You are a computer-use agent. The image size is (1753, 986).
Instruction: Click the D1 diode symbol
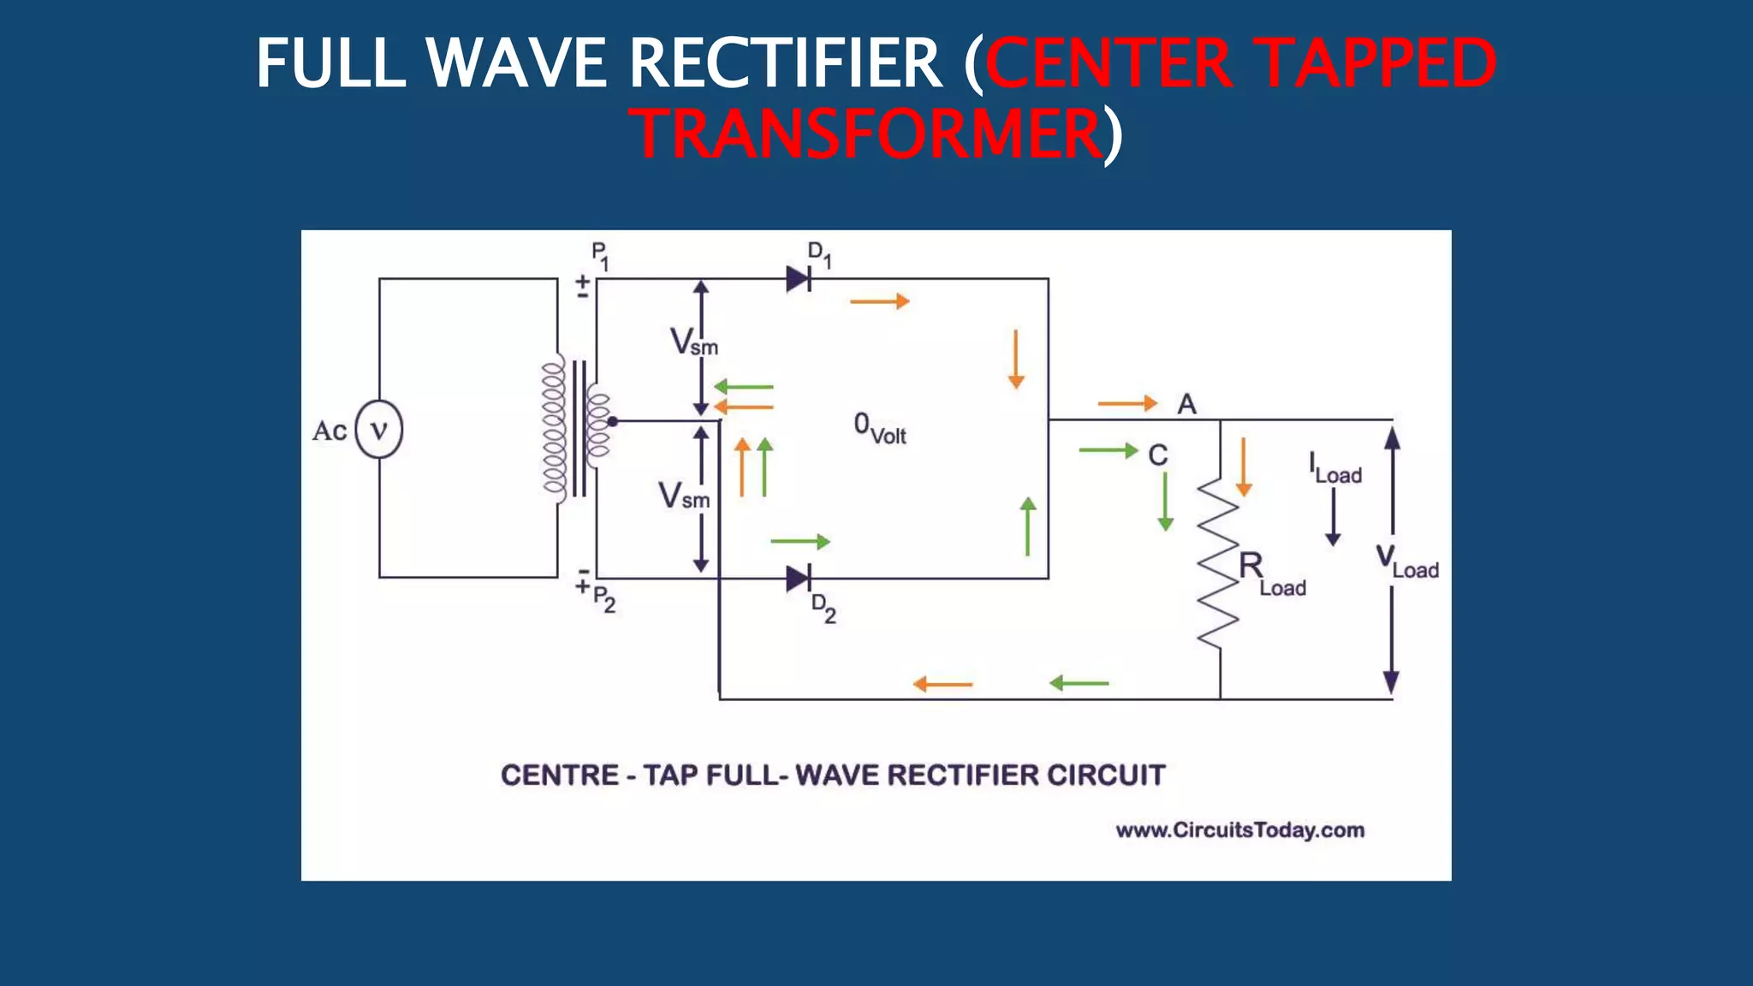point(799,278)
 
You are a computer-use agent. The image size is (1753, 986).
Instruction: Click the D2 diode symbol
point(799,579)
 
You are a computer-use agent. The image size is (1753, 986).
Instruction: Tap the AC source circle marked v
point(378,429)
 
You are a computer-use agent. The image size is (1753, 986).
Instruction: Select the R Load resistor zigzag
point(1218,565)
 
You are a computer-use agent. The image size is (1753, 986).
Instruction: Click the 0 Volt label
point(879,428)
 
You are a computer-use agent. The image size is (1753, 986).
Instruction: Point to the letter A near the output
point(1186,404)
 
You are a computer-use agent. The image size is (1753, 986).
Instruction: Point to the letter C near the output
point(1157,454)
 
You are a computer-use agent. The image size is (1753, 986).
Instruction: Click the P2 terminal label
point(603,598)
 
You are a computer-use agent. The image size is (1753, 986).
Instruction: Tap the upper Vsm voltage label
point(692,342)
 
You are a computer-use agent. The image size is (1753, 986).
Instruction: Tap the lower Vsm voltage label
point(682,496)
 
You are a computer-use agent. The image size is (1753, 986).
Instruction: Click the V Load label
point(1406,562)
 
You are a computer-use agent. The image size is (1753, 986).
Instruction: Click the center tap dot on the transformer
point(613,421)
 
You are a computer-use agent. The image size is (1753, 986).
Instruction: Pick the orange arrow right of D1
point(879,301)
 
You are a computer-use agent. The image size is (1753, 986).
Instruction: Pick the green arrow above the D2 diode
point(799,542)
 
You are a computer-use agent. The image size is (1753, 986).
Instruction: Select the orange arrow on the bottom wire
point(942,684)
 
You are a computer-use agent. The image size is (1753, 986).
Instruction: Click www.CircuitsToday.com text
point(1239,830)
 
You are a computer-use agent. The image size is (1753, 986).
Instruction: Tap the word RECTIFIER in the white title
point(785,63)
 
